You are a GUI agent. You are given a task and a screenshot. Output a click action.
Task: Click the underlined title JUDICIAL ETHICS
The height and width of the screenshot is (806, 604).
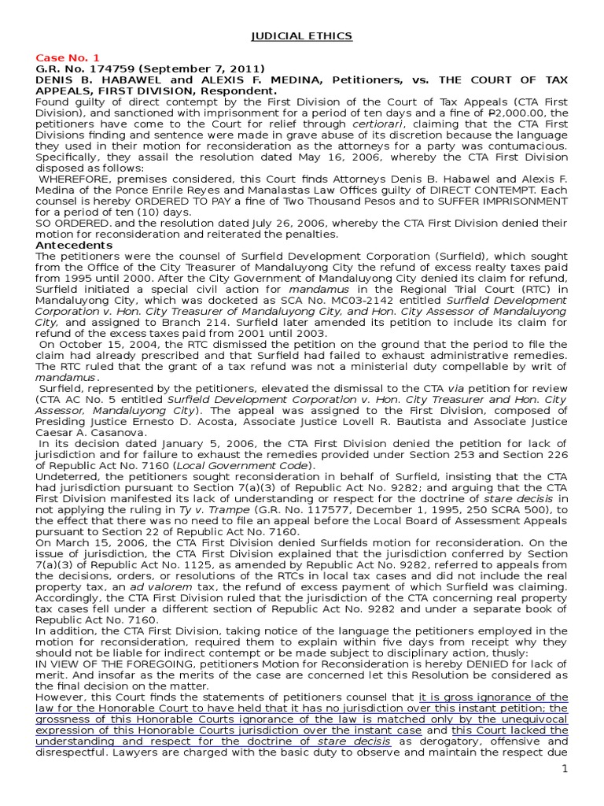[301, 36]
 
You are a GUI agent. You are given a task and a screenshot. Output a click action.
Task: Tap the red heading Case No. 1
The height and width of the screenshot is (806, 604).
[68, 57]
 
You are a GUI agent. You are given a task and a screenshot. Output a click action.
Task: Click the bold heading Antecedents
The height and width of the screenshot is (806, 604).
[74, 245]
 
